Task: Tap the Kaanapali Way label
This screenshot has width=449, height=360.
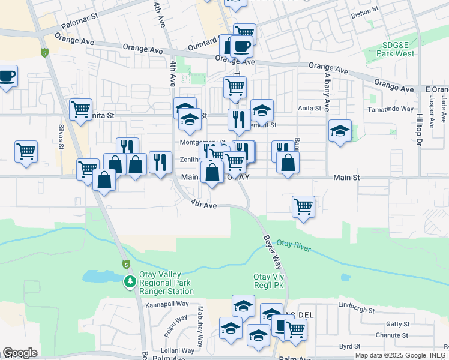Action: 167,305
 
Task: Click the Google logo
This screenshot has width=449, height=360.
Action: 20,353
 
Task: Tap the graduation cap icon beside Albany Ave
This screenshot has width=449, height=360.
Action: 340,131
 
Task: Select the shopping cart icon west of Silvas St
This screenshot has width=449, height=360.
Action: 26,151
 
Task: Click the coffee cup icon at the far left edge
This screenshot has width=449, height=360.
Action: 7,76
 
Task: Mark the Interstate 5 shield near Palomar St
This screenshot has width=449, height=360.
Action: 44,53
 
